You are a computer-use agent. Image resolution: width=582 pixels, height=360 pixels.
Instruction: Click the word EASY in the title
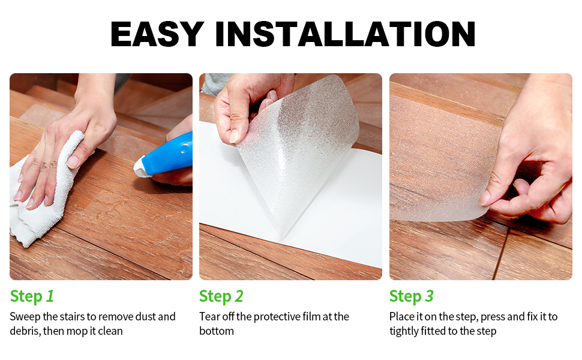(157, 34)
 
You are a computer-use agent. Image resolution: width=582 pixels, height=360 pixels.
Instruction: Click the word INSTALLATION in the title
(345, 34)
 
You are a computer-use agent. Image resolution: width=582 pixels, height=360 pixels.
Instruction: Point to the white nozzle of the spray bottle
(142, 166)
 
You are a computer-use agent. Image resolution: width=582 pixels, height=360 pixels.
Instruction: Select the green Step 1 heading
(32, 296)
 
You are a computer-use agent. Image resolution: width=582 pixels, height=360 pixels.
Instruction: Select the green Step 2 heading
(221, 296)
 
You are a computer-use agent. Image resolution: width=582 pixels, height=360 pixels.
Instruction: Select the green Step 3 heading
(411, 296)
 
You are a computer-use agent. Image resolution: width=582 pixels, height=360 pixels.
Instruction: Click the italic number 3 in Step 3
(429, 296)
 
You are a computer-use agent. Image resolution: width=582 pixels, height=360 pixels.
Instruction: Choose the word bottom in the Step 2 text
(217, 331)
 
